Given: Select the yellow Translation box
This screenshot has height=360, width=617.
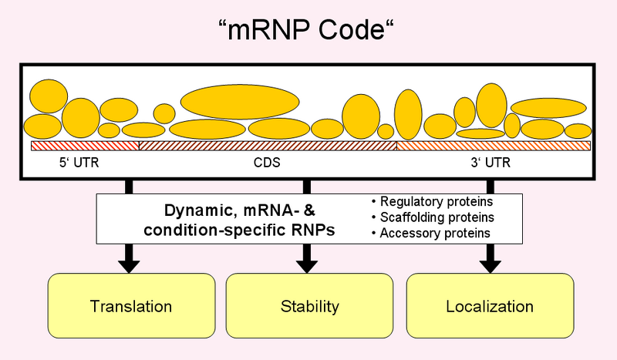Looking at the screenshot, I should (130, 306).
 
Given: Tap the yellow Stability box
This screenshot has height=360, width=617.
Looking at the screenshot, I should (308, 306).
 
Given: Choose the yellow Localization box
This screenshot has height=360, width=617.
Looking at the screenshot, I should (489, 306).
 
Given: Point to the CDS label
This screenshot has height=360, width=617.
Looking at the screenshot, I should (267, 163).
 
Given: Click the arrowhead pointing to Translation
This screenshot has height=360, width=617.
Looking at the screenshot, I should (129, 264).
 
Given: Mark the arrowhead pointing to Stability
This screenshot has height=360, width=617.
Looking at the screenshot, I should (307, 264).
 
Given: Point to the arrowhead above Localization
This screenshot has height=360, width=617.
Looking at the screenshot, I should (489, 264).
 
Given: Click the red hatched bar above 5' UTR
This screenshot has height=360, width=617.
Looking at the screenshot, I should (84, 146).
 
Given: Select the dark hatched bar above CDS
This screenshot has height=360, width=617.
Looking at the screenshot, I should (267, 146).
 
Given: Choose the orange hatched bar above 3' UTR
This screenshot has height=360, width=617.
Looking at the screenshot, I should (494, 146).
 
